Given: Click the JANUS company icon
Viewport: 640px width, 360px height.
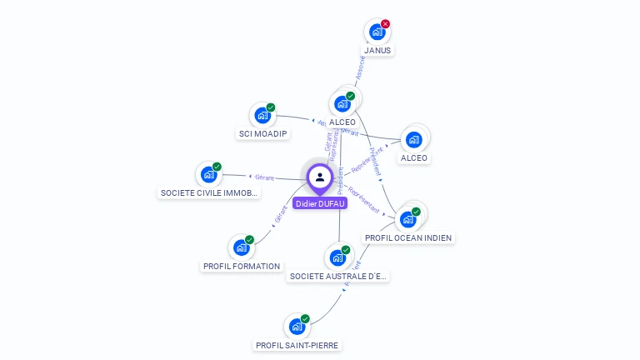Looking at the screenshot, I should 377,32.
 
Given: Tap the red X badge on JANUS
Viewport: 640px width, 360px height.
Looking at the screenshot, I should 385,24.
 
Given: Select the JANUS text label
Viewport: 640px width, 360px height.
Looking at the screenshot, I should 377,50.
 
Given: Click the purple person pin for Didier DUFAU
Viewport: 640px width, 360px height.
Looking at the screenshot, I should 320,177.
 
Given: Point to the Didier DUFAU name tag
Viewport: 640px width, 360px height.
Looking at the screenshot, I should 320,202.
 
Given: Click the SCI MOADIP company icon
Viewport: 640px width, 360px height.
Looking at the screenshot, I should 262,115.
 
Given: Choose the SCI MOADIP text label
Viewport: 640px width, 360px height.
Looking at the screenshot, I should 262,134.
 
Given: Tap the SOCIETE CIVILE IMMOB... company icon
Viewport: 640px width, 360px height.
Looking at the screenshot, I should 208,174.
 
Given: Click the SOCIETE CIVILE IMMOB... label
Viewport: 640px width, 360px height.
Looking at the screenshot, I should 210,192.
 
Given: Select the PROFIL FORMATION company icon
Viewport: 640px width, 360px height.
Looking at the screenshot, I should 242,247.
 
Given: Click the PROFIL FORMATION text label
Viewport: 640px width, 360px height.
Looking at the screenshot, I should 242,266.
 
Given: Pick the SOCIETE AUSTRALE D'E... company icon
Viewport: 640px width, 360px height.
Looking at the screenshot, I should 338,257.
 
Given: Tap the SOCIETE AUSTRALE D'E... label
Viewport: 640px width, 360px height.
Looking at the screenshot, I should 338,275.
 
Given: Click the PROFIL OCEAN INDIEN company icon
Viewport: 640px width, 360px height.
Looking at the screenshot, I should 407,219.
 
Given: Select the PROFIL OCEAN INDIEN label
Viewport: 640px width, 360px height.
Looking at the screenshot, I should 408,237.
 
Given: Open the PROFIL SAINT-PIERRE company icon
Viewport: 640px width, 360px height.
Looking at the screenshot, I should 297,327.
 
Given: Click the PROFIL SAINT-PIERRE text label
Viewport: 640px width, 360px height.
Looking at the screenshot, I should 297,344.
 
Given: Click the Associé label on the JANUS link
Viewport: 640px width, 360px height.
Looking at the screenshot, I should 359,69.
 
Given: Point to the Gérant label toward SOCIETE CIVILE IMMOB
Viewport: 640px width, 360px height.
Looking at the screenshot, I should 264,177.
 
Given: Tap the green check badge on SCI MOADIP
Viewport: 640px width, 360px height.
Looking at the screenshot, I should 271,107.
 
